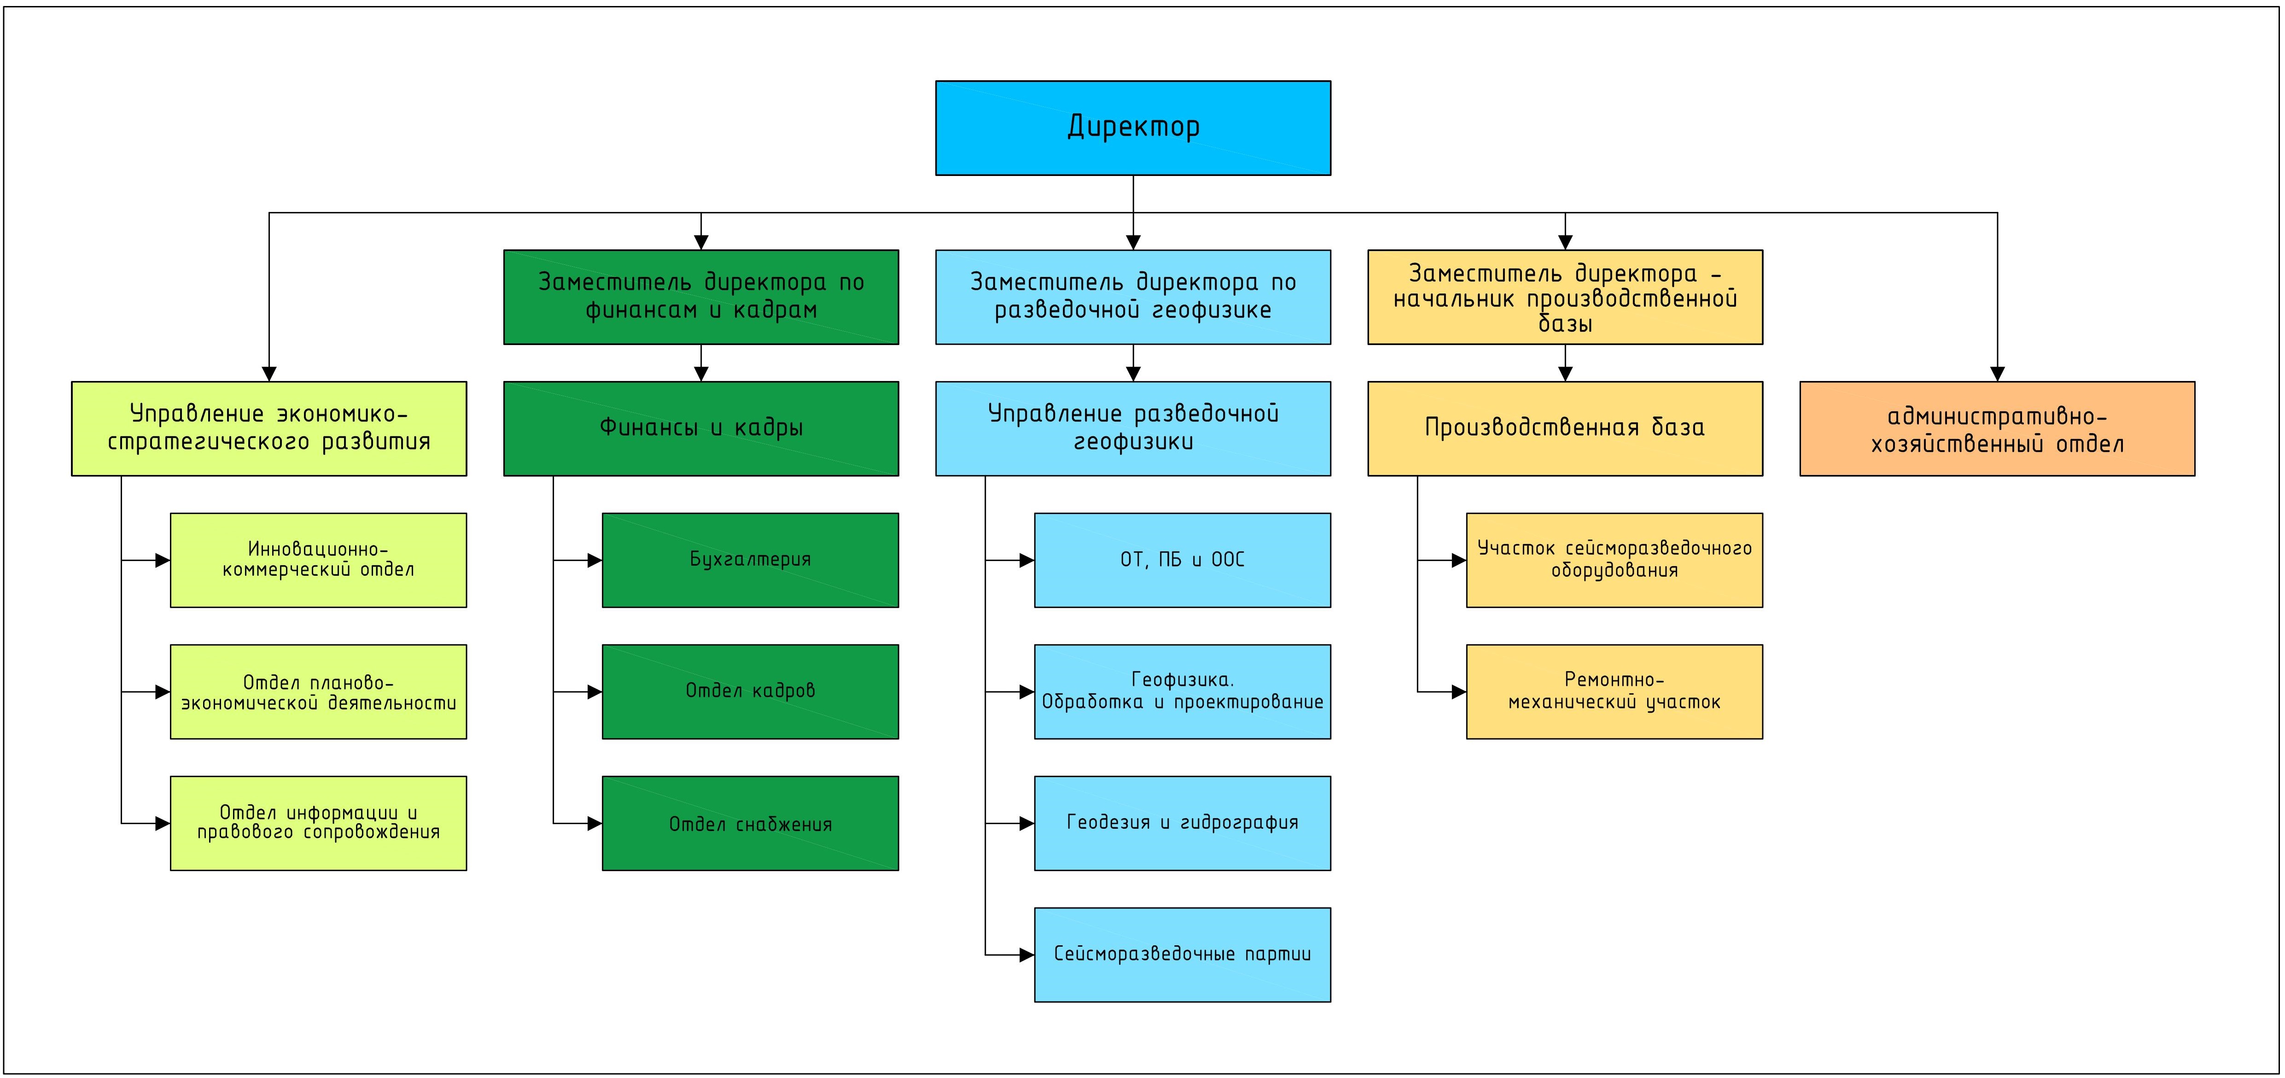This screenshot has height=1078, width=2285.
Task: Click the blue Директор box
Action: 1133,128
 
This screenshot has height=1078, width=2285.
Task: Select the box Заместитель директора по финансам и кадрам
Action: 701,296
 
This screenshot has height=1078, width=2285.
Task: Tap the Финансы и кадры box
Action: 701,428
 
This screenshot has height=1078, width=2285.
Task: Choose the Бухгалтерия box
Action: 751,560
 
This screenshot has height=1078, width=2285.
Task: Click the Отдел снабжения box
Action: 751,823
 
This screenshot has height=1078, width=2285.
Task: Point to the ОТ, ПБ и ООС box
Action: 1183,560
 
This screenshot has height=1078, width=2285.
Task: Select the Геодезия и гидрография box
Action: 1183,823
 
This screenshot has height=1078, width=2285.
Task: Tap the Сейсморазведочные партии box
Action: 1183,955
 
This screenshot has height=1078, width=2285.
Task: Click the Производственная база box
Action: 1565,428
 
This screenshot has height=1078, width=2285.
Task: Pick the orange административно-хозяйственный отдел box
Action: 1997,428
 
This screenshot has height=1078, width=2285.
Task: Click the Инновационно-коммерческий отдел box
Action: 319,560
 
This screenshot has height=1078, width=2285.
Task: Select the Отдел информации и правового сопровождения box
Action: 319,823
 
